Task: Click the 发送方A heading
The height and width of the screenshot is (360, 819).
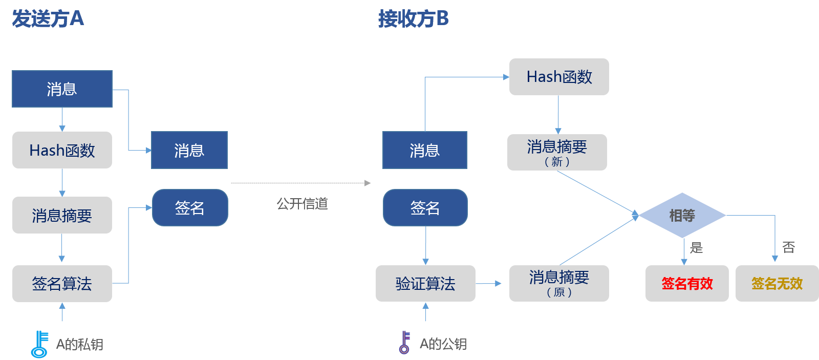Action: pos(48,19)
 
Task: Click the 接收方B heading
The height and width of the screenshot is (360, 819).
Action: pos(413,19)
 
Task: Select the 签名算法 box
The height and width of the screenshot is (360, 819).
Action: pos(62,283)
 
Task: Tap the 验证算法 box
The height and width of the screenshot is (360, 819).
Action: pos(425,283)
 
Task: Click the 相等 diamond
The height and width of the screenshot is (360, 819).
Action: pos(682,216)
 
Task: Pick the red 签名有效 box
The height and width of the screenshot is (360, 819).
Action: pos(687,283)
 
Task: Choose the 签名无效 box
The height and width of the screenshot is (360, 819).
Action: pos(777,283)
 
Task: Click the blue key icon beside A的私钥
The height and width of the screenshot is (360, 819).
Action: pos(39,344)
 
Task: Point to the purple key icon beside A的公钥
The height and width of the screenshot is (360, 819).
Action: pos(404,342)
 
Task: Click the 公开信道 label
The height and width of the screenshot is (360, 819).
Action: pos(302,204)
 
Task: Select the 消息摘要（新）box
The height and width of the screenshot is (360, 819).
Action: pos(557,152)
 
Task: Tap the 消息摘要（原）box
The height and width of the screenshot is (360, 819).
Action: pos(559,283)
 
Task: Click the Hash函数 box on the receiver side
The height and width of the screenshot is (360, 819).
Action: pos(559,77)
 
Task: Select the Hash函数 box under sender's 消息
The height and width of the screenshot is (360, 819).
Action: pos(62,150)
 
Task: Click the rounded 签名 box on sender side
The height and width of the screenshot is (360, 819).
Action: pos(190,207)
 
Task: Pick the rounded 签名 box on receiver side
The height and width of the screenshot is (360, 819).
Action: pos(425,207)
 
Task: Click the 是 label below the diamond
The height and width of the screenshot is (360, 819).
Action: pos(696,248)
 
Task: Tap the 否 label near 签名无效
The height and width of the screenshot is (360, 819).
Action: pos(788,247)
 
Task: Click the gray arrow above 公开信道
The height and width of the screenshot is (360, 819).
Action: pos(301,183)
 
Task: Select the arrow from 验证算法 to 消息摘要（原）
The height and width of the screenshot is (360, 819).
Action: pos(489,283)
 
